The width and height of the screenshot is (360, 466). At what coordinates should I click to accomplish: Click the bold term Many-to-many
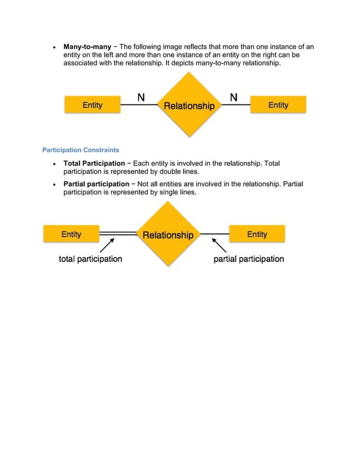(87, 46)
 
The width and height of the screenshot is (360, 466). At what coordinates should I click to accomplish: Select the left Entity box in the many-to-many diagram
(92, 105)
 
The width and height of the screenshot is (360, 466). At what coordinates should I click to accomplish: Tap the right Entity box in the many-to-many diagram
(278, 105)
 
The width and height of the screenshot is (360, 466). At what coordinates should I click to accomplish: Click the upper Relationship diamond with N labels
(189, 105)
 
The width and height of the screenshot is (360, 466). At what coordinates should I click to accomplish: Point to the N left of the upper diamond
(141, 98)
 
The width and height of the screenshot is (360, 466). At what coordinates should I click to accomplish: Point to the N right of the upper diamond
(234, 98)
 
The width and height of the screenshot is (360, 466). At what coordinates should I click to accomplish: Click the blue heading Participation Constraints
(81, 150)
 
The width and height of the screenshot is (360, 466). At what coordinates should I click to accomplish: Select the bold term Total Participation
(94, 164)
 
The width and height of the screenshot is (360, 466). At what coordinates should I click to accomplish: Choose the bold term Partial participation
(96, 184)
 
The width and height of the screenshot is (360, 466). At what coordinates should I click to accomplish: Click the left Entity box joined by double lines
(71, 234)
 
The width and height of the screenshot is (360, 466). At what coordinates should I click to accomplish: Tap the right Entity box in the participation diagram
(257, 234)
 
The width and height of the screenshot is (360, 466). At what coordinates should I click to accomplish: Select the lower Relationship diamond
(168, 235)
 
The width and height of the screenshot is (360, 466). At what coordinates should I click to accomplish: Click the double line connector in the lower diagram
(118, 233)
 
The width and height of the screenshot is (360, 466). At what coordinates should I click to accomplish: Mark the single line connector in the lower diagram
(214, 234)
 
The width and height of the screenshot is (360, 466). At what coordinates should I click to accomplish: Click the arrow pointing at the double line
(107, 245)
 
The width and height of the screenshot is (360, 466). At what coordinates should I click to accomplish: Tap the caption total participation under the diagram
(90, 259)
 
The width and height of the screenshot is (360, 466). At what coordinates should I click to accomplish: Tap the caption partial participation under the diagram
(248, 259)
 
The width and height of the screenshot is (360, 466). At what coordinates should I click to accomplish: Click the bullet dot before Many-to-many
(54, 47)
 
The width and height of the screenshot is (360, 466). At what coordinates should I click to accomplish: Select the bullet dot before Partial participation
(54, 184)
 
